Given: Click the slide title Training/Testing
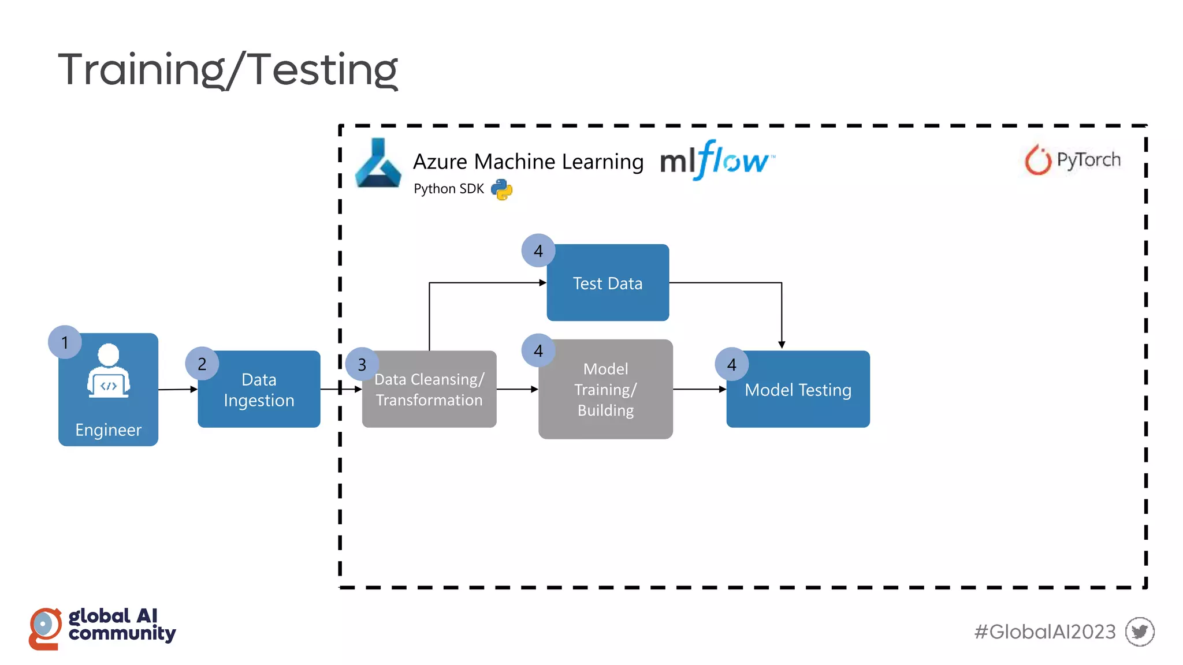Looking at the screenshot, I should coord(228,69).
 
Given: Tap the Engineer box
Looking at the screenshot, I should coord(108,398).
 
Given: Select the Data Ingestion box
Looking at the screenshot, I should coord(259,390).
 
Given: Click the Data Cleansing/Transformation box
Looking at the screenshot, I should coord(429,390).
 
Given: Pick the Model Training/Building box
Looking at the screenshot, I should coord(605,390).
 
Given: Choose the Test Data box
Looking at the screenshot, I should coord(608,283).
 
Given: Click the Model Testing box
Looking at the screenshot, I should coord(798,390).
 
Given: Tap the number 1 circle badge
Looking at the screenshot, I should coord(65,342).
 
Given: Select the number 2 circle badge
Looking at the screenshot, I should coord(202,364).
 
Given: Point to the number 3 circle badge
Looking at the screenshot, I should coord(362,364).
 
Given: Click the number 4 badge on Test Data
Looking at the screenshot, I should coord(538,251).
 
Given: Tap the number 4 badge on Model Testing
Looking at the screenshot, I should coord(731,364).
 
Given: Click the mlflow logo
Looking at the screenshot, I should coord(716,160).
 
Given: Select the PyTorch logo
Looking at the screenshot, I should coord(1073,159).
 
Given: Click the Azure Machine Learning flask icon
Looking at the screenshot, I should coord(378,164).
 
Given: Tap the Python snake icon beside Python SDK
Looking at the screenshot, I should coord(501,189).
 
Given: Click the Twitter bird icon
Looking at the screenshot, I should coord(1139,632).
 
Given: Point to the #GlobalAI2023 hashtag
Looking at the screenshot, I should coord(1044,632).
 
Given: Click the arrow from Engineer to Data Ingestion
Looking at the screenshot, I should coord(178,390).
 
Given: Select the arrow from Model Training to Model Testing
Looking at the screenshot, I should coord(700,390).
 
